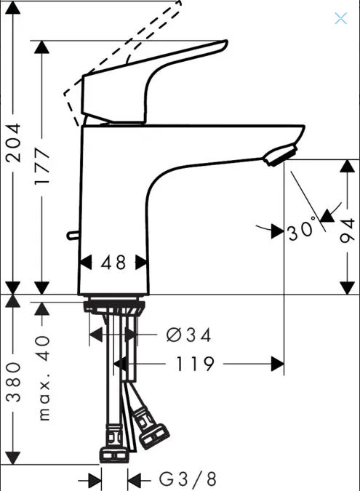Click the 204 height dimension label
tap(14, 143)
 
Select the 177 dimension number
tap(42, 166)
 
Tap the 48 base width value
tap(113, 263)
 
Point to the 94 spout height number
tap(348, 231)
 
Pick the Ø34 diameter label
tap(189, 335)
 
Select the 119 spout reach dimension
tap(196, 364)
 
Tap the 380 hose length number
tap(14, 382)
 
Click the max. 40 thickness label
tap(44, 378)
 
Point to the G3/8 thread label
tap(188, 479)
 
